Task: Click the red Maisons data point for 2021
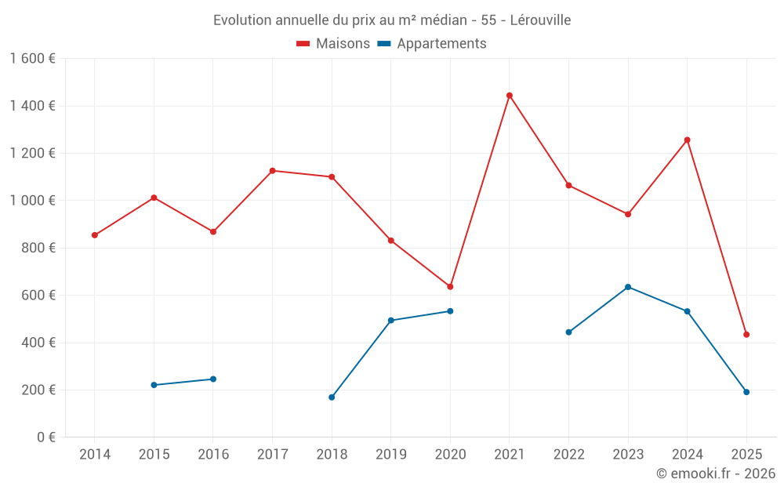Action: point(510,96)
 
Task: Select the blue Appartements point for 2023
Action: point(628,287)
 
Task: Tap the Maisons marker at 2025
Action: point(746,335)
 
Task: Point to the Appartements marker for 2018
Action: point(332,397)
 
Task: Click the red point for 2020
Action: point(450,287)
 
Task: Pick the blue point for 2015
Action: point(154,385)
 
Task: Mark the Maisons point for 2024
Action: point(688,140)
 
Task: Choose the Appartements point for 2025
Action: point(746,392)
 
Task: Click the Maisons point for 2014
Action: point(95,235)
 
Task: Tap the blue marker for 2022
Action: point(568,332)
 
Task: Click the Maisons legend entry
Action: point(333,44)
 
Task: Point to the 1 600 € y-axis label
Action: point(32,59)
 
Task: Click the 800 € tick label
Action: point(38,248)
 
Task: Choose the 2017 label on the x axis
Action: point(272,455)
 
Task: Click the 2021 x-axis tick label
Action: point(510,455)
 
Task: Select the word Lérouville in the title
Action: point(540,20)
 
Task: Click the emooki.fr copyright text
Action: point(716,474)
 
